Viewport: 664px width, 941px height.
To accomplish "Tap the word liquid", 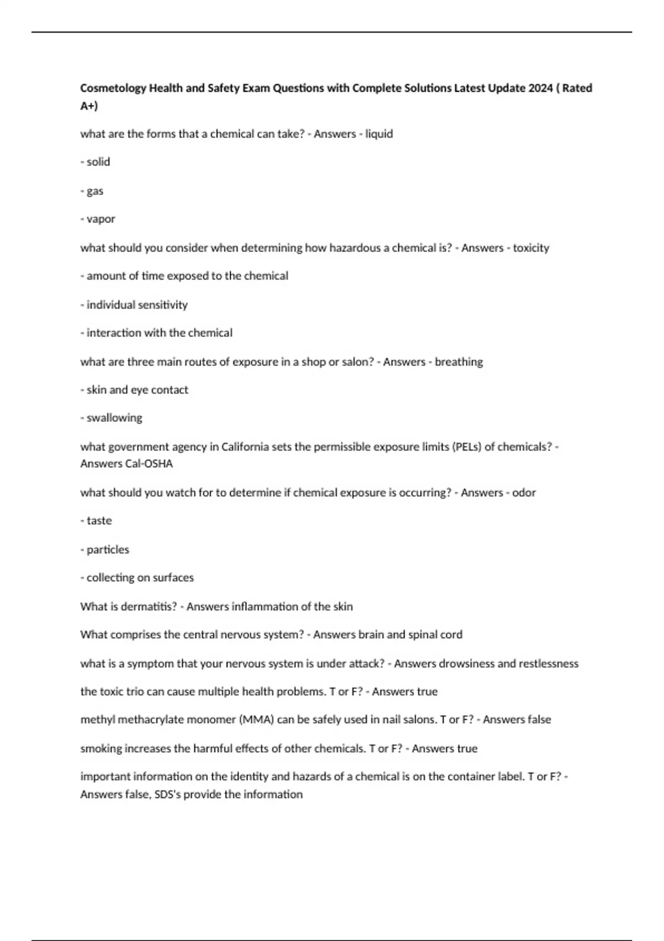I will pyautogui.click(x=379, y=134).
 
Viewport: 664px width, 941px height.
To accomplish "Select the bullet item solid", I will pyautogui.click(x=98, y=162).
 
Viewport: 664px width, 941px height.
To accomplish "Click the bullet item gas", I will pyautogui.click(x=95, y=191).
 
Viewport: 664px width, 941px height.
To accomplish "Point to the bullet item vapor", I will pyautogui.click(x=101, y=219).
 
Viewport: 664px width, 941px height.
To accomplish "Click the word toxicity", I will pyautogui.click(x=531, y=248).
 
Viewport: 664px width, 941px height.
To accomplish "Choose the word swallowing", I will pyautogui.click(x=114, y=418).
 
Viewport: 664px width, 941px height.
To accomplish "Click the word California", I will pyautogui.click(x=245, y=447).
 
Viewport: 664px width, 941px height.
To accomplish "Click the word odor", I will pyautogui.click(x=523, y=493).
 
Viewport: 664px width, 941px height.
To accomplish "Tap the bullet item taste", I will pyautogui.click(x=99, y=521).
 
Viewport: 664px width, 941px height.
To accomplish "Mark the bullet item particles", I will pyautogui.click(x=107, y=550).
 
